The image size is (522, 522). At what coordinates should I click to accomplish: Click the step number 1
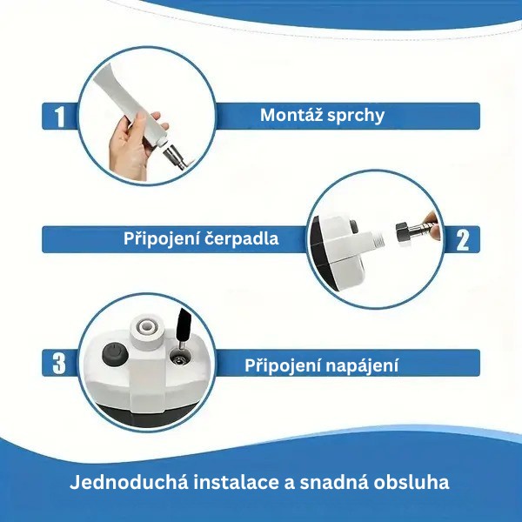click(59, 117)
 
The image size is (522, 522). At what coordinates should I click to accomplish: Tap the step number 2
click(463, 240)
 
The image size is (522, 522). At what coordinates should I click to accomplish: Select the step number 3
click(59, 364)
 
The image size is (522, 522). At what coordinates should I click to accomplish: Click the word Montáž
click(291, 115)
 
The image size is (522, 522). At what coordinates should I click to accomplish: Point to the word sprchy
click(356, 117)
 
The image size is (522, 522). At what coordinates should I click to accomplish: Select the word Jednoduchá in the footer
click(129, 482)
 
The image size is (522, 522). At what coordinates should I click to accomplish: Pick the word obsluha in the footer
click(412, 482)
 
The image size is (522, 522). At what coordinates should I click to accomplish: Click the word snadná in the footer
click(334, 482)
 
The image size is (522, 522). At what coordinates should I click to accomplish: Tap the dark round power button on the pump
click(115, 354)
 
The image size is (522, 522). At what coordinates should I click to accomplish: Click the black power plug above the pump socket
click(184, 325)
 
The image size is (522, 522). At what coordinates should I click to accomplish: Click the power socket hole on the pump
click(180, 359)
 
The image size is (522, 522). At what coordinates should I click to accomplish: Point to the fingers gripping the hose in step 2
click(432, 223)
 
